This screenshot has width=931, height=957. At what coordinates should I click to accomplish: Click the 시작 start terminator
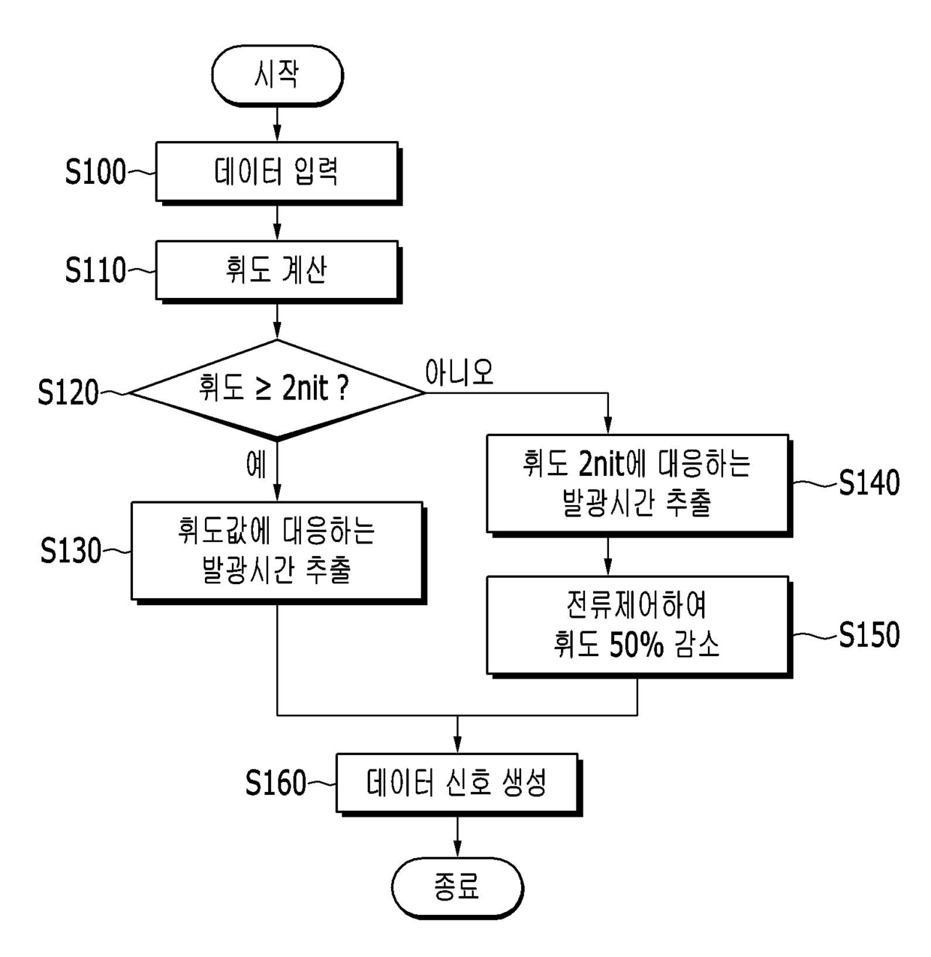(277, 75)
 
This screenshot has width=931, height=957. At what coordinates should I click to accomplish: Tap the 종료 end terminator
(457, 888)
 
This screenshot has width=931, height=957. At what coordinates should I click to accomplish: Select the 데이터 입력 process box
(278, 173)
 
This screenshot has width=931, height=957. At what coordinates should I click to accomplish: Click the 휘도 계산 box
(278, 271)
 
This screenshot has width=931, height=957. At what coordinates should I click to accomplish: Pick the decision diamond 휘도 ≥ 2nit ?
(277, 389)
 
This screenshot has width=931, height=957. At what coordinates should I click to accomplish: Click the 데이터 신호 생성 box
(459, 784)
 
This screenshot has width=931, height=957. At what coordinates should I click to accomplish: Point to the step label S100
(95, 172)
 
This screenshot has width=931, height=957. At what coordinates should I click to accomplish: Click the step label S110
(95, 270)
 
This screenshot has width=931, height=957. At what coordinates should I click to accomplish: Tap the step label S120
(68, 393)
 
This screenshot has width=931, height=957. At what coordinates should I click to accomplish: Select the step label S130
(71, 551)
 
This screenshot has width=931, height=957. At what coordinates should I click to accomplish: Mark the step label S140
(869, 483)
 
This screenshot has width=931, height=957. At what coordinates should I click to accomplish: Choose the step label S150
(869, 635)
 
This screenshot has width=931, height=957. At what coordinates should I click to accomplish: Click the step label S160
(276, 783)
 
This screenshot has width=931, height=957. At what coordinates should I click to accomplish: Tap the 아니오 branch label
(459, 372)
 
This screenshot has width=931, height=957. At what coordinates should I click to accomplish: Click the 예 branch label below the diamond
(256, 464)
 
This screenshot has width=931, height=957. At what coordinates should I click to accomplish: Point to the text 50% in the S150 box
(637, 645)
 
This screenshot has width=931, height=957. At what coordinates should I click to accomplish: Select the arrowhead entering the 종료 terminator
(457, 850)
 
